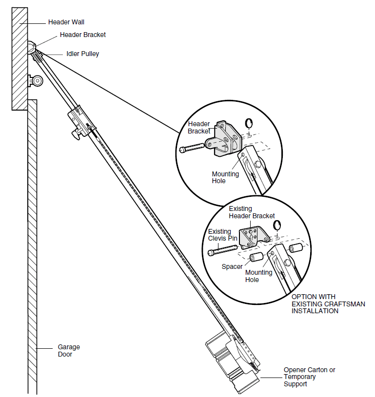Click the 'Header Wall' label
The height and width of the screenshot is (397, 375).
point(66,22)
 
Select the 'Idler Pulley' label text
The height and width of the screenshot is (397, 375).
point(82,54)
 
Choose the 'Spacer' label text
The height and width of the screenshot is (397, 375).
point(232,266)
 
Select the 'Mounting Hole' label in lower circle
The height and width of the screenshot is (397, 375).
point(258,276)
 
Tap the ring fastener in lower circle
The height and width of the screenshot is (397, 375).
point(277,225)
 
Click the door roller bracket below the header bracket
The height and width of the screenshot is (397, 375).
point(36,80)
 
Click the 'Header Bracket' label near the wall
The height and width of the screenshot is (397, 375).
point(82,35)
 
